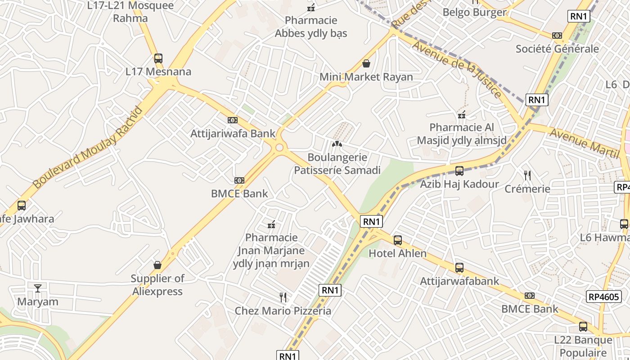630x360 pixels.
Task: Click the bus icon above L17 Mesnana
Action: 158,58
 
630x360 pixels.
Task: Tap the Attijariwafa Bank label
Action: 233,133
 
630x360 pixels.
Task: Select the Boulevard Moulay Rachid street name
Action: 88,148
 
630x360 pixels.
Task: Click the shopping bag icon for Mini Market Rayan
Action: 366,63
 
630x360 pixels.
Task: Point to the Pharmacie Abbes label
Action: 311,27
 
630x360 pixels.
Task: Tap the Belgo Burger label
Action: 475,12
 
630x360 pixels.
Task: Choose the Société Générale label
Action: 557,49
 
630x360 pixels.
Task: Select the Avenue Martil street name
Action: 585,143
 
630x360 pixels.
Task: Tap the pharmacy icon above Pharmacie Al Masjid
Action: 462,114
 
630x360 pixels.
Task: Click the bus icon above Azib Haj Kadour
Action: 459,171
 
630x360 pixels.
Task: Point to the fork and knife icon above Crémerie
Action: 527,175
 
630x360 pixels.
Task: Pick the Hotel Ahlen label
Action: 397,253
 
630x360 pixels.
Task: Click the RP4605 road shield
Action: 604,297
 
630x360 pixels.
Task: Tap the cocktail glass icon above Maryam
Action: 38,288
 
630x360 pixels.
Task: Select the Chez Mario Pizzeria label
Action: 283,310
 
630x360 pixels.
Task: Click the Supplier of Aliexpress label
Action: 157,285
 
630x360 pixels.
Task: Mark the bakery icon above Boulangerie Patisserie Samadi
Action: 337,144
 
